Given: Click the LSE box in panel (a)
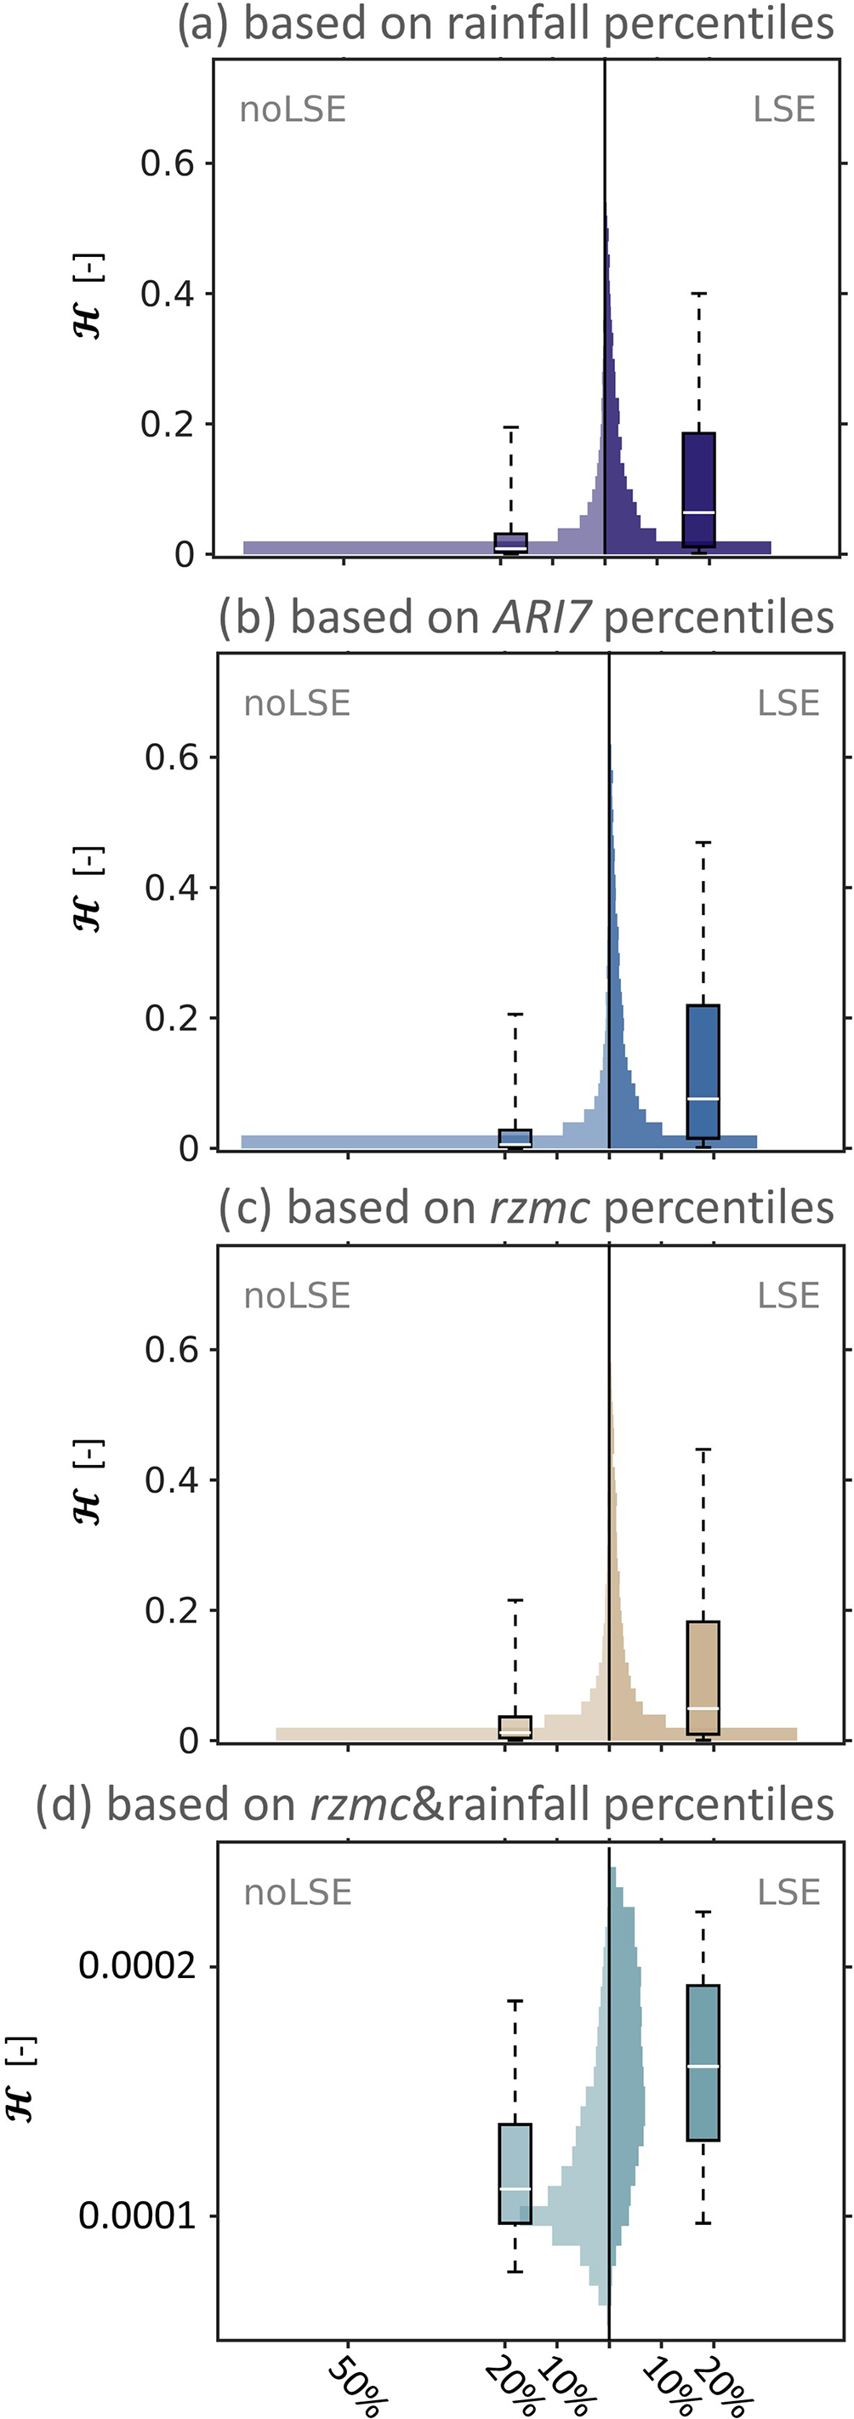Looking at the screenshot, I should click(x=698, y=489).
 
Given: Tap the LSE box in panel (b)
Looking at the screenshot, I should click(x=703, y=1072).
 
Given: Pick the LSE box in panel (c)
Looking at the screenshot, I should click(x=703, y=1677).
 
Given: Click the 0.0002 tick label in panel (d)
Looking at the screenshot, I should click(x=138, y=1964).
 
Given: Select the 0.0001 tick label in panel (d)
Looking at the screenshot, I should click(x=138, y=2216).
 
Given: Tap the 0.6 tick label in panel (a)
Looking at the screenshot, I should click(x=166, y=163).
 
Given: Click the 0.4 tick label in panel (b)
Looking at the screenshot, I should click(x=171, y=888).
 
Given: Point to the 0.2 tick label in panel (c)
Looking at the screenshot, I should click(x=171, y=1610).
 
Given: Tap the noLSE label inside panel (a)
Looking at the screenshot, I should click(x=293, y=110).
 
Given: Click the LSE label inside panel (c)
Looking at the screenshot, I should click(x=789, y=1295).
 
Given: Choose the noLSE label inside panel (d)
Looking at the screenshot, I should click(x=298, y=1892).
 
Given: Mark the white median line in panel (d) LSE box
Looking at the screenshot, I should click(x=703, y=2066).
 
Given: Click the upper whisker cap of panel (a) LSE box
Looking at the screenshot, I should click(x=698, y=294).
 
